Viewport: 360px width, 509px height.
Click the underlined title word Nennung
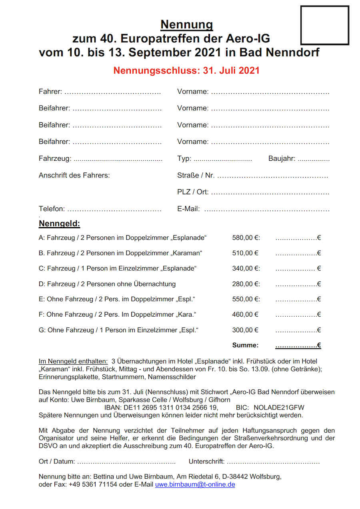point(187,25)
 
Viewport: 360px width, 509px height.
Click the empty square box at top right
point(324,25)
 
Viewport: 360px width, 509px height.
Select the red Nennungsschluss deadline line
point(186,70)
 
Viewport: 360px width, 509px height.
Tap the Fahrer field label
point(50,92)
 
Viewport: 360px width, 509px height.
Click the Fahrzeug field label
point(55,159)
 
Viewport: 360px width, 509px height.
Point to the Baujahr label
point(282,159)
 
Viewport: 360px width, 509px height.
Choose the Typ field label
point(184,159)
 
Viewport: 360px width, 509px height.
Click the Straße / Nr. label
point(196,175)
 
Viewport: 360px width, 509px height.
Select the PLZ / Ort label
point(192,192)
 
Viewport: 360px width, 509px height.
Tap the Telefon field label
point(52,209)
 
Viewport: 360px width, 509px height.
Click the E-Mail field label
point(188,209)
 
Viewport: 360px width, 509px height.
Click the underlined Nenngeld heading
point(59,224)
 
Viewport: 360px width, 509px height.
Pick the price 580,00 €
point(246,238)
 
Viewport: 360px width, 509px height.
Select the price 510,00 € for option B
point(245,253)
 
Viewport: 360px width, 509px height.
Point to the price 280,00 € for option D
point(246,284)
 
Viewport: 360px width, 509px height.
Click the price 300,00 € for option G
point(245,330)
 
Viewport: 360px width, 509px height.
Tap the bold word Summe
point(245,345)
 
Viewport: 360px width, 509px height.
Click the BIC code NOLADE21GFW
point(279,407)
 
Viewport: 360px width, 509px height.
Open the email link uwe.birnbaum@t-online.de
point(195,485)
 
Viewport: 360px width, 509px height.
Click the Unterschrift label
point(206,461)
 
